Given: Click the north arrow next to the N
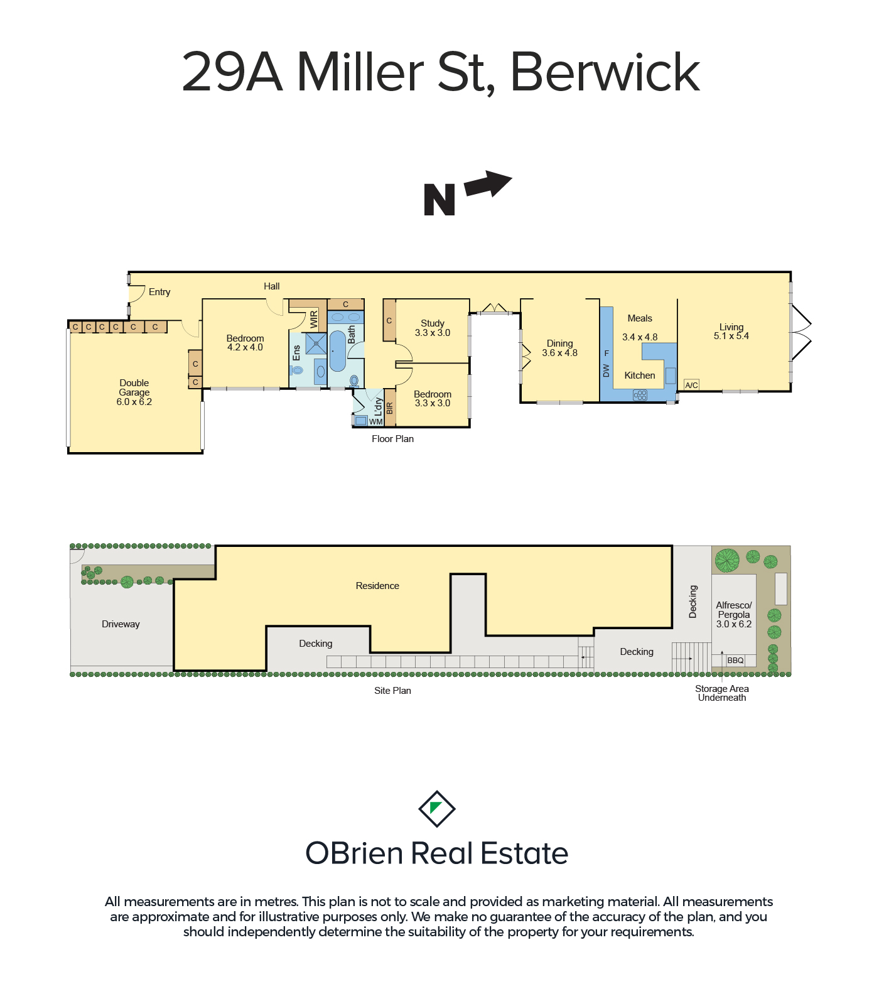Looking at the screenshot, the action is (x=488, y=185).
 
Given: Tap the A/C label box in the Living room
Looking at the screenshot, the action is (x=691, y=385).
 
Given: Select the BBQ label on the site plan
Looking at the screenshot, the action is (x=735, y=661).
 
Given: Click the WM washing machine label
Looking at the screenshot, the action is (x=376, y=421).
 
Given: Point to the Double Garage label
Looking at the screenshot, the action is (x=134, y=387).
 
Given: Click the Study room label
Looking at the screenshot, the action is (x=433, y=323).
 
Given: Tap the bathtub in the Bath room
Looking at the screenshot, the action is (x=337, y=351).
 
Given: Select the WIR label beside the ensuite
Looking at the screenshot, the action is (x=314, y=320).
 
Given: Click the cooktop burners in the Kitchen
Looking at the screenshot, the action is (x=640, y=395).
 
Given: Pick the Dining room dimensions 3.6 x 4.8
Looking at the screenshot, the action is (x=559, y=353).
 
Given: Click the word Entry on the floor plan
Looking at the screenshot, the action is (x=159, y=292).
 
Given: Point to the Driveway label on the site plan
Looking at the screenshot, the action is (x=121, y=624).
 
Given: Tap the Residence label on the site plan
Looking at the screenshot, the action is (x=377, y=586).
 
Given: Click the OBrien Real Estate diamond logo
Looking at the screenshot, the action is (x=437, y=809).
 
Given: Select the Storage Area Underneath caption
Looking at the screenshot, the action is (x=722, y=693).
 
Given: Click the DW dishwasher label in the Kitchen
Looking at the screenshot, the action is (x=606, y=370).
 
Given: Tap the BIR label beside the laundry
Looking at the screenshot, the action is (x=389, y=409).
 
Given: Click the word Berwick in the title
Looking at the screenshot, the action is (x=605, y=72).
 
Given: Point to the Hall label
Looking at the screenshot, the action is (x=272, y=286).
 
